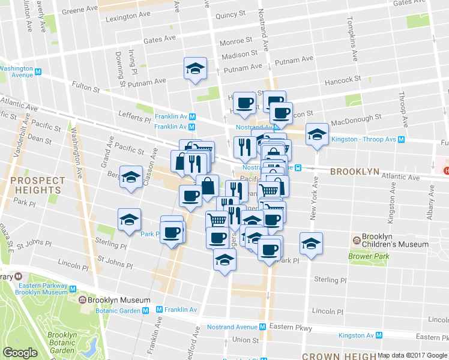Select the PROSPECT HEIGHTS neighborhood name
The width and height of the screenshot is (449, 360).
[37, 185]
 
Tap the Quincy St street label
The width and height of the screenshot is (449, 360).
[230, 14]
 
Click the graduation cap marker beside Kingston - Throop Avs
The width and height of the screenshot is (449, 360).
[317, 134]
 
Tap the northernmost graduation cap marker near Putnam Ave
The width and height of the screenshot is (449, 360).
[195, 68]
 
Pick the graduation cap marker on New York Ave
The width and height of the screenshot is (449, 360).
[311, 244]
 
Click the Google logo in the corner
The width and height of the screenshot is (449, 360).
[20, 352]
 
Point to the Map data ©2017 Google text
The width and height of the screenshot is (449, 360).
[412, 355]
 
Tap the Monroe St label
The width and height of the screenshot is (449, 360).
[235, 41]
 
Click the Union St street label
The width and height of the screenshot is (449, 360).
[245, 340]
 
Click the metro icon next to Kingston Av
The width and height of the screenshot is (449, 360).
[379, 335]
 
